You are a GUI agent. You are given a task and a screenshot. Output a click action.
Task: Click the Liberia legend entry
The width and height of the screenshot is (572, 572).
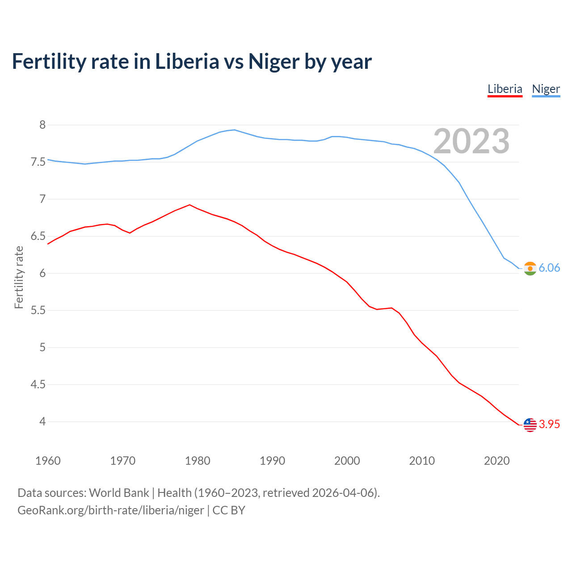click(505, 89)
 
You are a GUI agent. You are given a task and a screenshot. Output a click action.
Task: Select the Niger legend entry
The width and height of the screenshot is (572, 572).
click(546, 89)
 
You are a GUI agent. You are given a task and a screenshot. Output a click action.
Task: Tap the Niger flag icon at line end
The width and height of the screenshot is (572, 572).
click(530, 268)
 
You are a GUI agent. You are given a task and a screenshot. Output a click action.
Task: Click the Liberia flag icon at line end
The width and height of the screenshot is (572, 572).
click(530, 425)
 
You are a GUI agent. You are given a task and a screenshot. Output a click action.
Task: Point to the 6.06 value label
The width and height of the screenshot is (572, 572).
click(549, 268)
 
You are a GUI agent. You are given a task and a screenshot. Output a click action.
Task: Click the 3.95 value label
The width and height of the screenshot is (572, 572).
click(549, 424)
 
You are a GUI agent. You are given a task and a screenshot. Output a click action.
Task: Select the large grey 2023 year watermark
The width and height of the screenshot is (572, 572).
click(471, 141)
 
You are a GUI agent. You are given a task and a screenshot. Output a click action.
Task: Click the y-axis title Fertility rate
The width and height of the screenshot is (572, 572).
click(19, 277)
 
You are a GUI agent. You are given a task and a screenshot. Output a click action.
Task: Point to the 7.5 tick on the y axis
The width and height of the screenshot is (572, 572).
click(38, 162)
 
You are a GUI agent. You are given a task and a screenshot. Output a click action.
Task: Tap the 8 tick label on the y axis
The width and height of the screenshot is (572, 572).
click(42, 125)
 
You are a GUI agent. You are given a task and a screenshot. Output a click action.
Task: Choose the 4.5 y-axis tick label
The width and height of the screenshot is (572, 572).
click(38, 384)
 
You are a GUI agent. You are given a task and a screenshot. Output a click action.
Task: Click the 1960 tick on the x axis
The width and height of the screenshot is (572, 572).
click(48, 461)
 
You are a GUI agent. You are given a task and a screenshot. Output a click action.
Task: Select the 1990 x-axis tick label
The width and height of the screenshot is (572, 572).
click(272, 461)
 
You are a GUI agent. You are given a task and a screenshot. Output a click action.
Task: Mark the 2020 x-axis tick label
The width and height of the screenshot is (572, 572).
click(496, 461)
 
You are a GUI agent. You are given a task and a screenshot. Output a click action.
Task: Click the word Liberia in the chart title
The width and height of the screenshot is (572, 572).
click(187, 61)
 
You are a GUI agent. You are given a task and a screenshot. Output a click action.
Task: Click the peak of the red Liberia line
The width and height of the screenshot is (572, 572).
click(190, 205)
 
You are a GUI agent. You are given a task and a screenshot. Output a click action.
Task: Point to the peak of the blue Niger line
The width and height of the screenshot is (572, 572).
click(235, 130)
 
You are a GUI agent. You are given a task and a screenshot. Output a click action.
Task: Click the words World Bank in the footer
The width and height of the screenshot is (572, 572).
click(119, 493)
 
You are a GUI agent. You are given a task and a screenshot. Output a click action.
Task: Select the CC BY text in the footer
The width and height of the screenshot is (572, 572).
click(229, 510)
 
